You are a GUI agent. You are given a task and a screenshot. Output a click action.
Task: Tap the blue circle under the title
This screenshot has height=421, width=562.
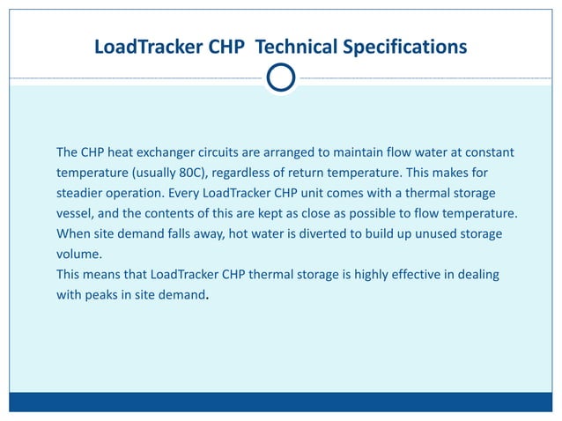[x=281, y=78]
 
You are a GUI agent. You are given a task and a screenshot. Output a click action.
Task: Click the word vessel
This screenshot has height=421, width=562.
[x=77, y=214]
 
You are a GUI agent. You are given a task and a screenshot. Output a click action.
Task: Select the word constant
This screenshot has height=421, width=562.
[x=486, y=153]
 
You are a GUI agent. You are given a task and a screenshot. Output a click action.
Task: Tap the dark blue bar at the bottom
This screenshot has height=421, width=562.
[x=281, y=402]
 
